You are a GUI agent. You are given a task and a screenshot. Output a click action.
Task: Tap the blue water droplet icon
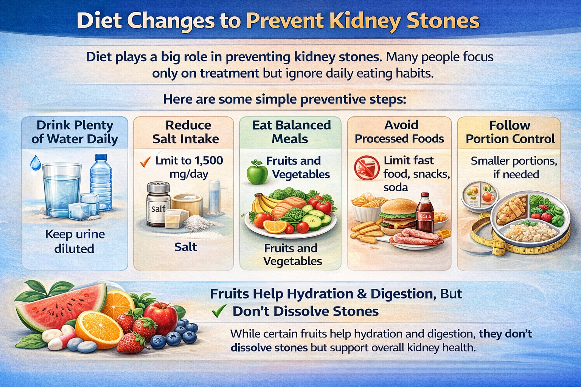(36, 163)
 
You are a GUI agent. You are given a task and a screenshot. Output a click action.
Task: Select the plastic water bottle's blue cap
(101, 157)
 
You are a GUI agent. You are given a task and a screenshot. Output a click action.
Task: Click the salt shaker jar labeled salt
(158, 204)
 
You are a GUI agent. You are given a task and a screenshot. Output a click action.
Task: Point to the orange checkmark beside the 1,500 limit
(145, 162)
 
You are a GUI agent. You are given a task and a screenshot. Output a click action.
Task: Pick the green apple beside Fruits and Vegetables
(257, 172)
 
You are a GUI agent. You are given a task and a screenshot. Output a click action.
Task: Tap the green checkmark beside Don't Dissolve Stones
(219, 311)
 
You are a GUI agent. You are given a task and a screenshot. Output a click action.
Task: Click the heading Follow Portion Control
(510, 132)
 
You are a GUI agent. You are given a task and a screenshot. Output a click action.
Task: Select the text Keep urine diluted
(75, 241)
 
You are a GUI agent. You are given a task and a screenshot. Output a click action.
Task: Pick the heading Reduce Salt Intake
(186, 132)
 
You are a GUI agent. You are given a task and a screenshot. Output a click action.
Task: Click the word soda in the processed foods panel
(396, 187)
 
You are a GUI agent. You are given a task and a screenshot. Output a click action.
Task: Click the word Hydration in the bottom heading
(320, 294)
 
